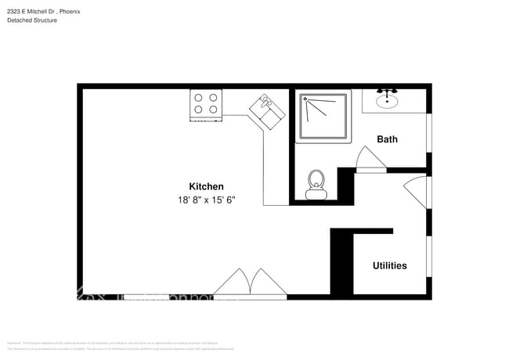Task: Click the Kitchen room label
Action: pos(207,186)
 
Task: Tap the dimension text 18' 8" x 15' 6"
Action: pos(207,200)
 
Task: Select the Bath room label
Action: pos(387,139)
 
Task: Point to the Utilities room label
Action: pos(389,265)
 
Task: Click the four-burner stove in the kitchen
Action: pos(207,106)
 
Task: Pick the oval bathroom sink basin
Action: pos(387,100)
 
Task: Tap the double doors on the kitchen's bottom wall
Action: pos(250,283)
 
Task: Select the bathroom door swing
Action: pos(368,159)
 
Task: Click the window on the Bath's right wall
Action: pos(428,133)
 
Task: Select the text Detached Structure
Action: pos(32,20)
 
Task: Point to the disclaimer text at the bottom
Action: pos(117,345)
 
